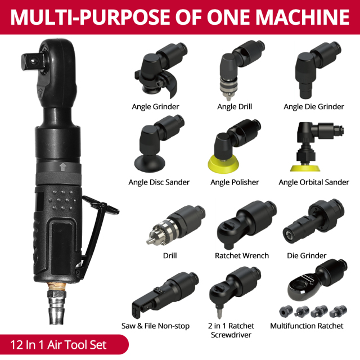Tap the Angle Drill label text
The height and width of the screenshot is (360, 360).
[235, 106]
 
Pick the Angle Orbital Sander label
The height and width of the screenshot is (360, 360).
[313, 182]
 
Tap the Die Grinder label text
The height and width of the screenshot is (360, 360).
[307, 256]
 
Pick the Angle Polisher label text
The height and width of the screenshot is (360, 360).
[235, 182]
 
